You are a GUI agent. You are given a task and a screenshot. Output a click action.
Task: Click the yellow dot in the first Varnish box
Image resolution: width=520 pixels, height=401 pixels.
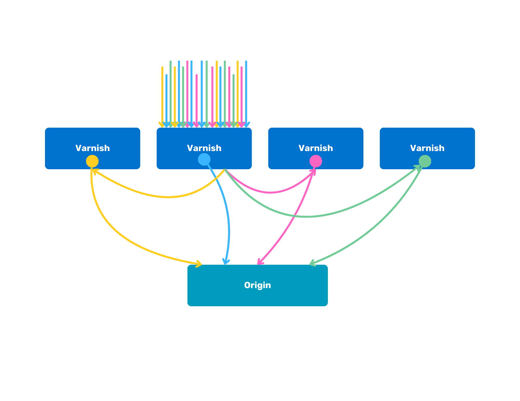(92, 161)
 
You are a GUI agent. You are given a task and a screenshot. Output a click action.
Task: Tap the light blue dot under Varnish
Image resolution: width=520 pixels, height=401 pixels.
(204, 159)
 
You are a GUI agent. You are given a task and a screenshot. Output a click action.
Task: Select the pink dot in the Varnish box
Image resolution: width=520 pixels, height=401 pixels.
(316, 161)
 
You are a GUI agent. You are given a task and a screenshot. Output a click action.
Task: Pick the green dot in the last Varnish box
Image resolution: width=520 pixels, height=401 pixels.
(425, 161)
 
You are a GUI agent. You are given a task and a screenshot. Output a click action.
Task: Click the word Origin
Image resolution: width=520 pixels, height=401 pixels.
(257, 285)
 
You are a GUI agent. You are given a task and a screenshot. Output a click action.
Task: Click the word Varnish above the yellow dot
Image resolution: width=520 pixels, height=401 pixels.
(93, 148)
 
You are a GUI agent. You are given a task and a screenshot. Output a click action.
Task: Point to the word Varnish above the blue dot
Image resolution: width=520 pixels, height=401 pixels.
(204, 148)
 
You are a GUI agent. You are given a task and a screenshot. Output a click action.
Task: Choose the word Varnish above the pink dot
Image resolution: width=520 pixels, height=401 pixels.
(316, 148)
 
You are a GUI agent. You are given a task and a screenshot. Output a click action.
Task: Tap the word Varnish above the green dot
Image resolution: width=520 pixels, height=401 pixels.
(427, 148)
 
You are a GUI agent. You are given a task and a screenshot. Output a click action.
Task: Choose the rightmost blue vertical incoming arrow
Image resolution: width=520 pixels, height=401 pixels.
(246, 91)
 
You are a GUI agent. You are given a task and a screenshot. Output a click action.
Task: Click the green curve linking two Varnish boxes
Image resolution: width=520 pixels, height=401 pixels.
(307, 216)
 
